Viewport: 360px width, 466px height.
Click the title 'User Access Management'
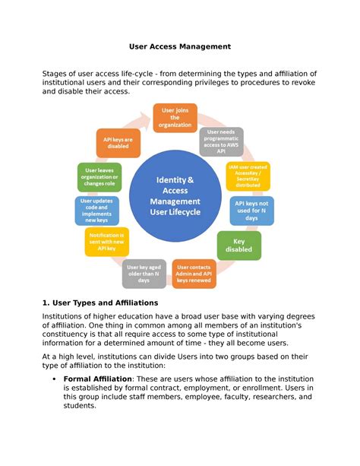tap(179, 47)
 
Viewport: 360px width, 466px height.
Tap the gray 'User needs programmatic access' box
tap(222, 140)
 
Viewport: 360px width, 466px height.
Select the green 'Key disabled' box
tap(239, 245)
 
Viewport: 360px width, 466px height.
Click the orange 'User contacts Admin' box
tap(194, 274)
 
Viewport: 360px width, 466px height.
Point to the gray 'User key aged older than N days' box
tap(144, 274)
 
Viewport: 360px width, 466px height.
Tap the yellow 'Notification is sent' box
tap(106, 243)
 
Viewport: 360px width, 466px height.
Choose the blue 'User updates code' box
tap(96, 211)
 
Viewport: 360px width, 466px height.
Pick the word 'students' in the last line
tap(80, 406)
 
